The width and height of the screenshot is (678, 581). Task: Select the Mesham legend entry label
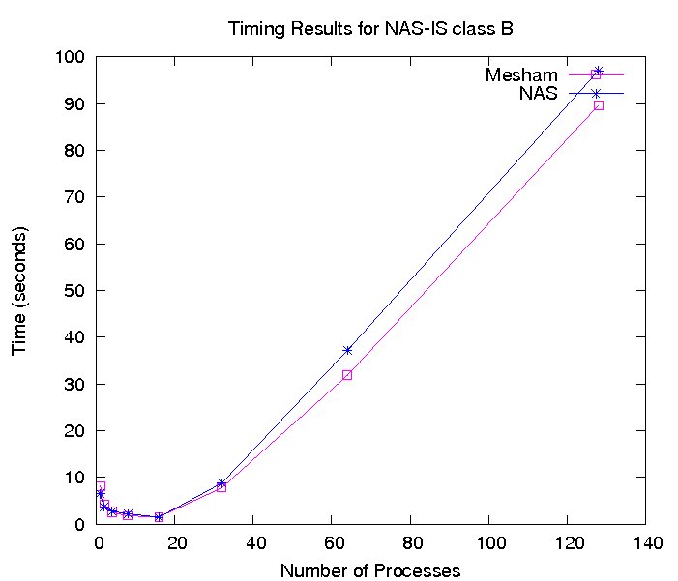pos(523,74)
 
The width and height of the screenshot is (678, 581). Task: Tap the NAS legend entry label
pos(538,93)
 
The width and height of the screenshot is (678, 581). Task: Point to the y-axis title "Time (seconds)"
pos(19,290)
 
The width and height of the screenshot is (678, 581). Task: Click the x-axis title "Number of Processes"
pos(370,570)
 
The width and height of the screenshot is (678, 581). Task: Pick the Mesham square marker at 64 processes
pos(347,374)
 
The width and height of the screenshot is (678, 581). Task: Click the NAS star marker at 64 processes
pos(347,350)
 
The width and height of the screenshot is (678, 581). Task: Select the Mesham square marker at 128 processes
pos(598,104)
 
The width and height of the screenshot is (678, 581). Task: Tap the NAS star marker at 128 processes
pos(598,71)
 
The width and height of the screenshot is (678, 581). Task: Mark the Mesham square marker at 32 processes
pos(221,487)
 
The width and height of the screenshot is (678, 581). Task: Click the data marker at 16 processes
pos(159,517)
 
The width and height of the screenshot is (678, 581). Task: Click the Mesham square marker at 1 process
pos(100,486)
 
